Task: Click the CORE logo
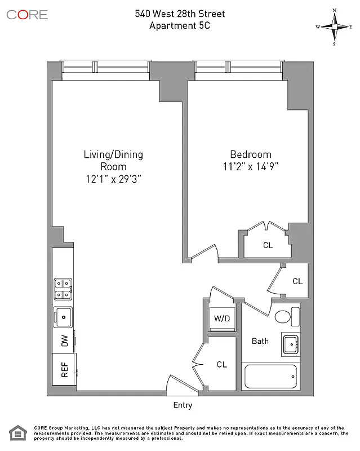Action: [27, 15]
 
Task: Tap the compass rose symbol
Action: [334, 26]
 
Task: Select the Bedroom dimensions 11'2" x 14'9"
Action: [251, 166]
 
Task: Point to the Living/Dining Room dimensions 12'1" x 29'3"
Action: [113, 178]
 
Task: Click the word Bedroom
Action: [251, 154]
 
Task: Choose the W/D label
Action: [221, 319]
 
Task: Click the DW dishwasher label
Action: [65, 341]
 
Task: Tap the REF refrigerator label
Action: [65, 370]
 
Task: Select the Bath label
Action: [260, 341]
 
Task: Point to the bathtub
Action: [270, 376]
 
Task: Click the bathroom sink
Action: [291, 343]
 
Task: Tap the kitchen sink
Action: [64, 317]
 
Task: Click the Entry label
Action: [183, 405]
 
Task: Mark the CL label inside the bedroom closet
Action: [268, 245]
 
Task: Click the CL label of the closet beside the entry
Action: [222, 365]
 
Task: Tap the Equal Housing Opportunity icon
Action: [18, 434]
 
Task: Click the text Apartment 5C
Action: [180, 25]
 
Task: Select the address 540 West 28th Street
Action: [180, 14]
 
